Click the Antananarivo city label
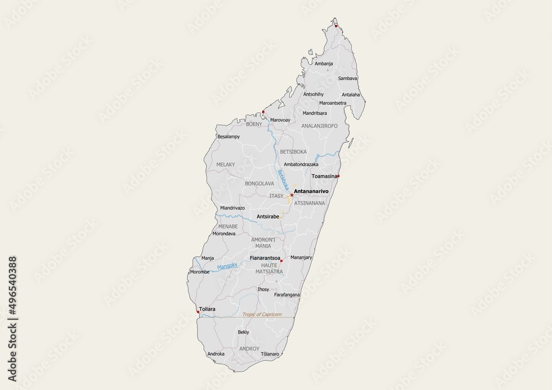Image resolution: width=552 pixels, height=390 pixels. pos(312,191)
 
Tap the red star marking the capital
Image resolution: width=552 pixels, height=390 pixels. pos(291,195)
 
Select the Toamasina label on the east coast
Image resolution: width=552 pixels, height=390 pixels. pos(324,177)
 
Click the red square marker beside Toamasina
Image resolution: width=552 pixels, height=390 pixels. pos(338,177)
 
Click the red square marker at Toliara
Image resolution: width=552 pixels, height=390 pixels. pos(198,312)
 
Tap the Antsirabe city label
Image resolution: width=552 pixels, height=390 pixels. pos(268,217)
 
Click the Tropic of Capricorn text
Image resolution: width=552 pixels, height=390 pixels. pos(262,314)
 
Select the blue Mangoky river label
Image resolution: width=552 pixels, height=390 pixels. pos(227,266)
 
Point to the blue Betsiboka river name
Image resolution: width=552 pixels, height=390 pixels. pos(283,180)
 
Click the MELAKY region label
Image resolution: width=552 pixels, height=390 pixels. pos(226,164)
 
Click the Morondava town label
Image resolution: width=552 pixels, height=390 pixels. pos(224,233)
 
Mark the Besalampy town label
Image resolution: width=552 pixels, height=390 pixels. pos(229,136)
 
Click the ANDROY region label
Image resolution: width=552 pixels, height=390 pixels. pos(249,349)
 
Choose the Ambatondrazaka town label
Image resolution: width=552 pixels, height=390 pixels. pos(302,164)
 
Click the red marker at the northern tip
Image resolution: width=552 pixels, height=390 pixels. pos(336,25)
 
